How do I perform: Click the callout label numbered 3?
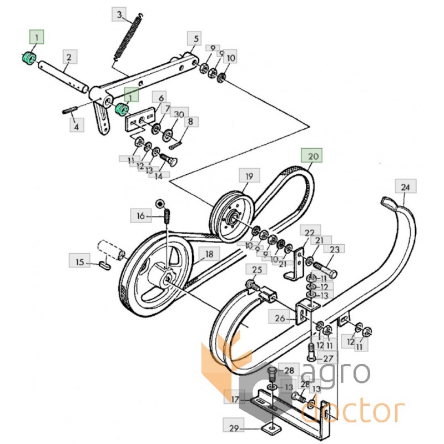pyautogui.click(x=119, y=15)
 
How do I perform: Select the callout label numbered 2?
pyautogui.click(x=70, y=57)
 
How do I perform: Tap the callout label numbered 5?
pyautogui.click(x=194, y=38)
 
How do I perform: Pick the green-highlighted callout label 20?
pyautogui.click(x=311, y=155)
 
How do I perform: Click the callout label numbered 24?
pyautogui.click(x=406, y=186)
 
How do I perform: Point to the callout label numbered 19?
pyautogui.click(x=249, y=175)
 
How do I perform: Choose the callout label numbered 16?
pyautogui.click(x=141, y=215)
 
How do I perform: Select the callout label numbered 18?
pyautogui.click(x=209, y=254)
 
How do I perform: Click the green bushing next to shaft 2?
pyautogui.click(x=29, y=58)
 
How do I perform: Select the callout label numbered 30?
pyautogui.click(x=179, y=114)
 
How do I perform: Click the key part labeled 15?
pyautogui.click(x=105, y=265)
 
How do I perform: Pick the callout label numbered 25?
pyautogui.click(x=256, y=269)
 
